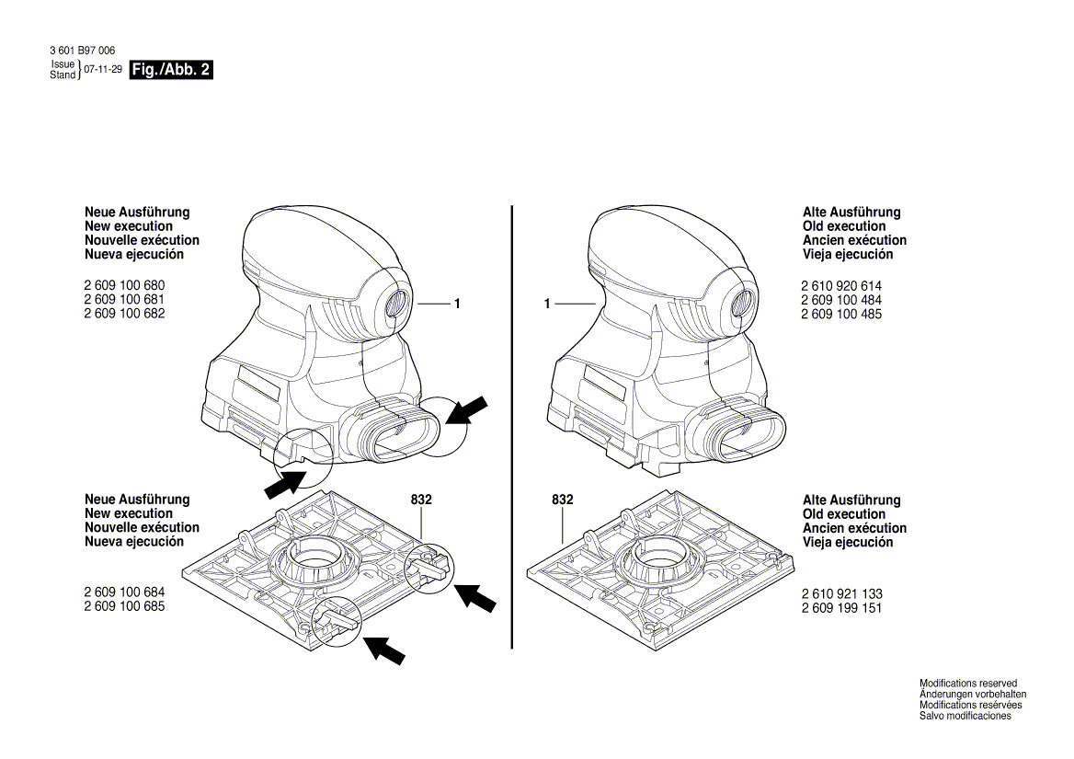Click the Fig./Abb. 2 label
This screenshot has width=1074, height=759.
coord(171,70)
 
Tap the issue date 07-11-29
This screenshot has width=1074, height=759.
coord(102,70)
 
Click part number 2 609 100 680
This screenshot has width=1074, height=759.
coord(125,286)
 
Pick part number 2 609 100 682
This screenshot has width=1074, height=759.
coord(125,314)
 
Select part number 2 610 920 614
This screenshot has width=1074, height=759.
coord(841,286)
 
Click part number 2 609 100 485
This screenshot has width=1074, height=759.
coord(841,314)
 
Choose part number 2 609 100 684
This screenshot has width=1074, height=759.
coord(125,593)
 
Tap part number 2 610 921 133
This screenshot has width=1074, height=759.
coord(841,594)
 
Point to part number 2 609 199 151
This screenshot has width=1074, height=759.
coord(841,608)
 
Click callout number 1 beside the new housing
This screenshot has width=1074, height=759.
coord(456,303)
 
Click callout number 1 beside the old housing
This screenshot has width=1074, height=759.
coord(546,303)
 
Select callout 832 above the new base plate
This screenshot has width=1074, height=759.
coord(421,500)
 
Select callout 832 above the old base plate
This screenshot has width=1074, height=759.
coord(562,500)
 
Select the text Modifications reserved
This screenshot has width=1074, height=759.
coord(968,684)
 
